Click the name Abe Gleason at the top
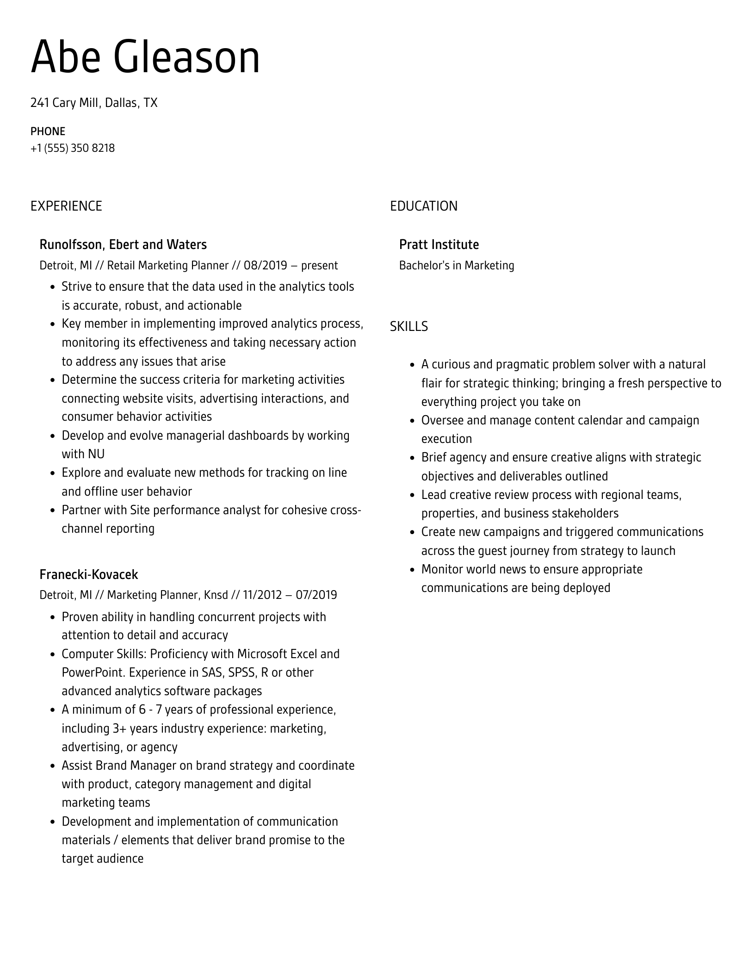145,57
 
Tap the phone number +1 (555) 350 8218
73,148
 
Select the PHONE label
48,131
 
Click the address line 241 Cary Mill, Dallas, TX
94,102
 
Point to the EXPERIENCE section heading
66,206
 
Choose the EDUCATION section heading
423,206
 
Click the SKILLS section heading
408,326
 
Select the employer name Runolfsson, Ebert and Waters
123,244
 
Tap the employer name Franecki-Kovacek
89,574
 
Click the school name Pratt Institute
439,244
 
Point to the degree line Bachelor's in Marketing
456,265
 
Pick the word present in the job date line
319,265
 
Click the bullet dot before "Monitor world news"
412,570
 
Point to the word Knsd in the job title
216,595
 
